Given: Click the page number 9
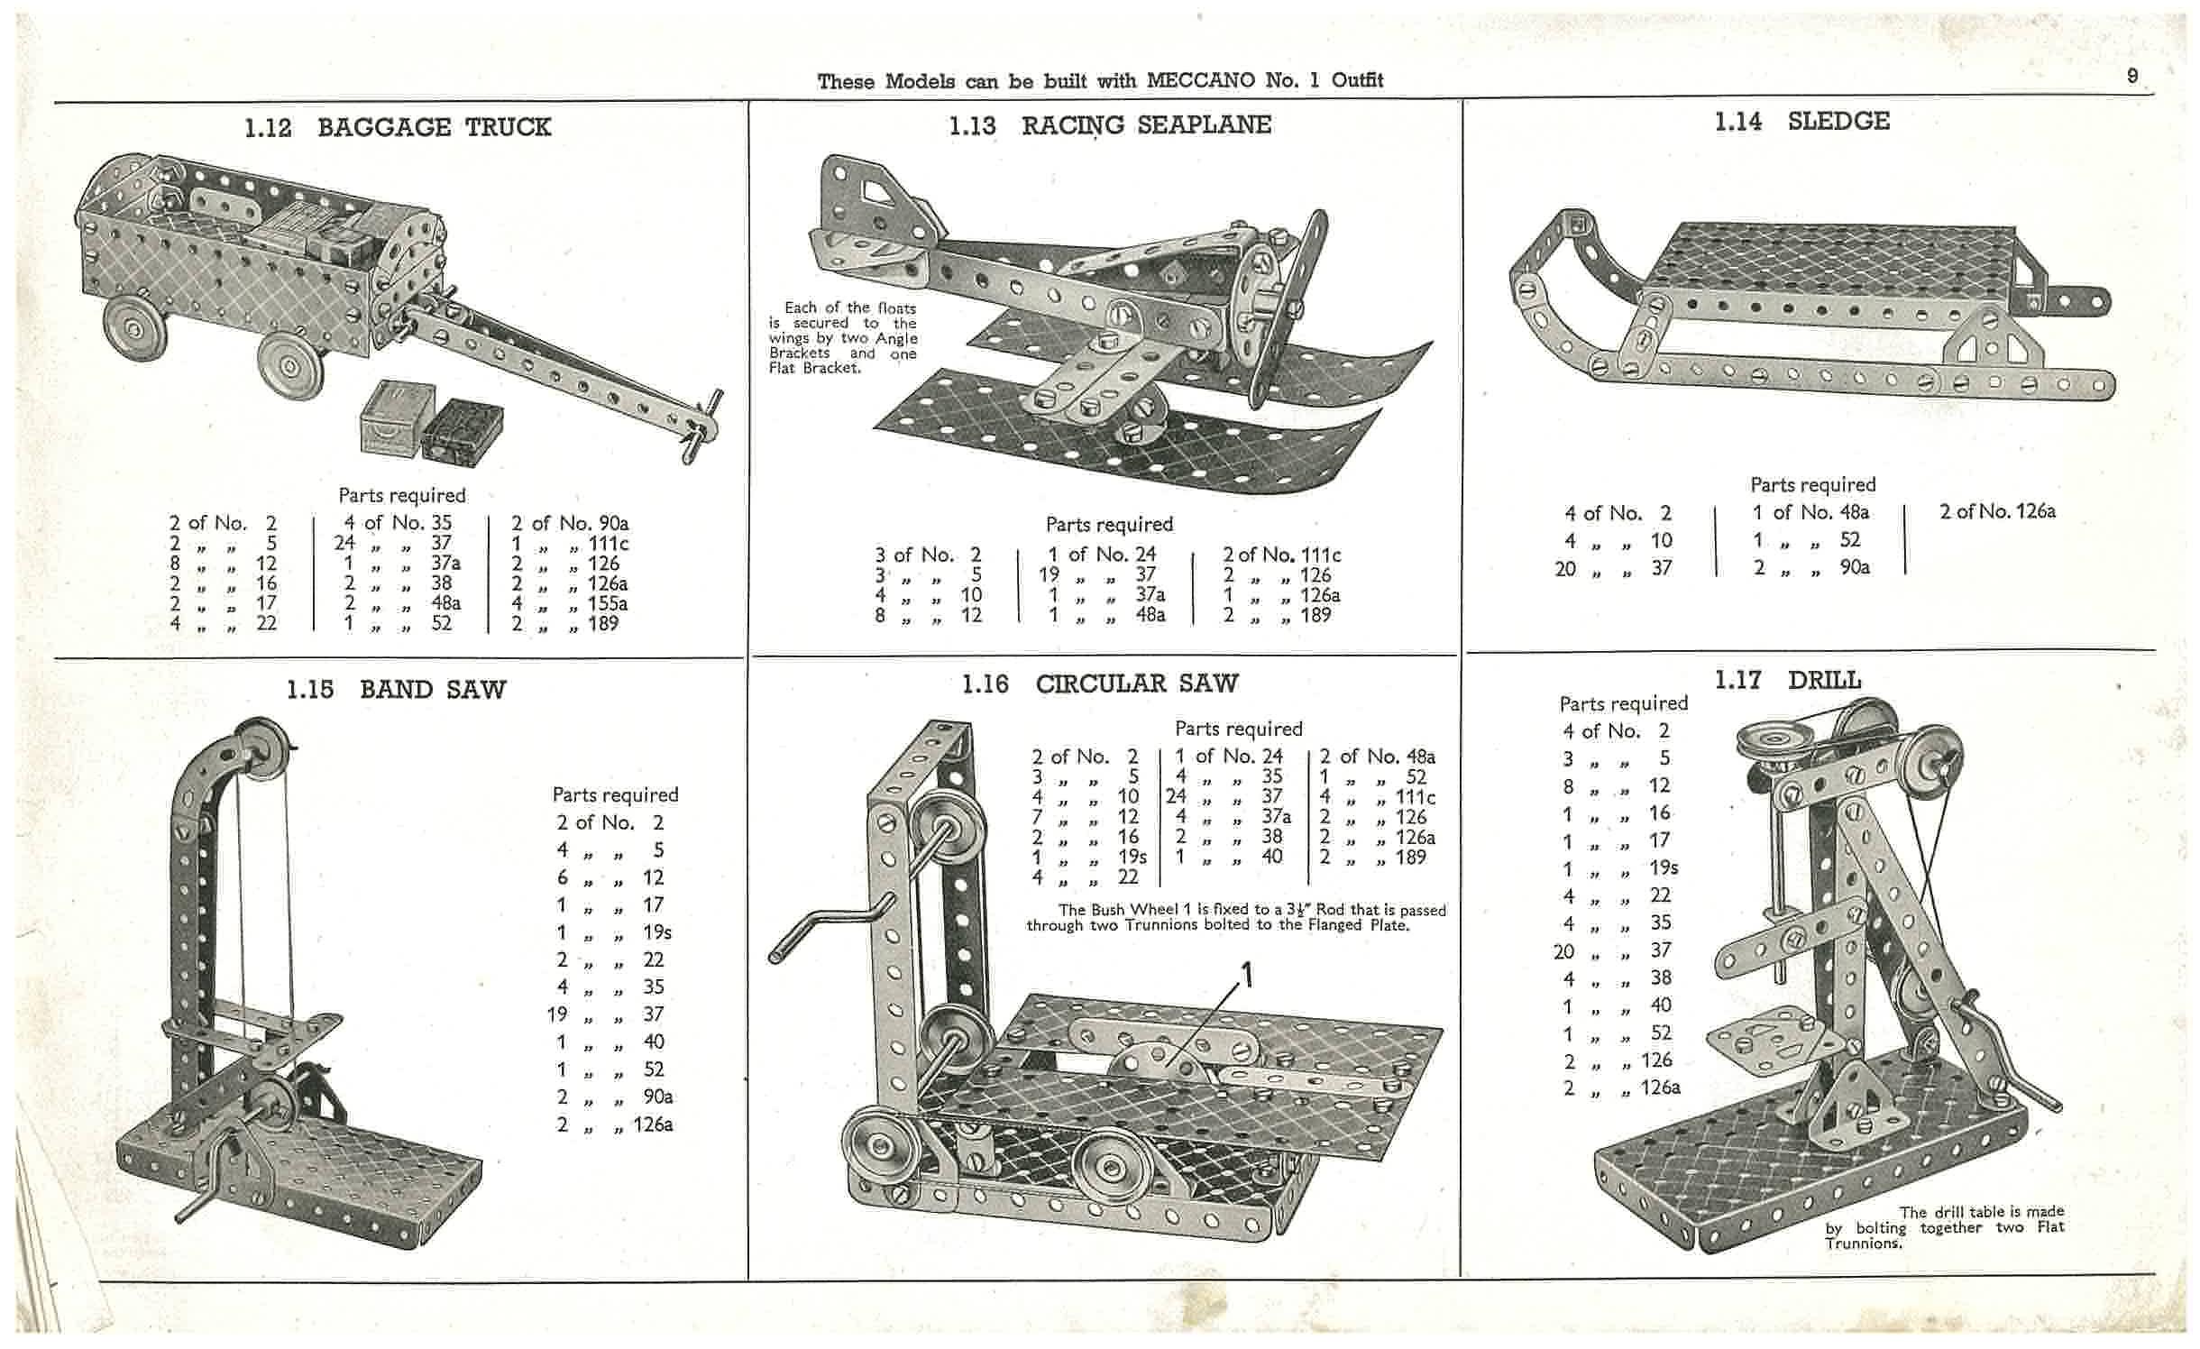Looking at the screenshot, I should [x=2132, y=77].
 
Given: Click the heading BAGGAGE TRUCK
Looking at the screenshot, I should [x=434, y=127].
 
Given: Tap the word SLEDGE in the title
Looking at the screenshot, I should [x=1838, y=122].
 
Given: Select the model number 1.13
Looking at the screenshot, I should [x=972, y=126].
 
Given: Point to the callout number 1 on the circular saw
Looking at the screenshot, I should [x=1248, y=975].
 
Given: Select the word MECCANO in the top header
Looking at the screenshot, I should [x=1201, y=80].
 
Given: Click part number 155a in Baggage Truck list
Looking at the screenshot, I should [x=608, y=603].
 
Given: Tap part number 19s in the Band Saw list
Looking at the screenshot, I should [x=657, y=931].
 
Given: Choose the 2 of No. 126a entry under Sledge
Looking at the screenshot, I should [x=1997, y=512].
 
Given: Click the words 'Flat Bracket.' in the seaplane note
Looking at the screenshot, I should [x=814, y=369].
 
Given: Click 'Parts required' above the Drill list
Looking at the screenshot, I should [x=1623, y=704].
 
